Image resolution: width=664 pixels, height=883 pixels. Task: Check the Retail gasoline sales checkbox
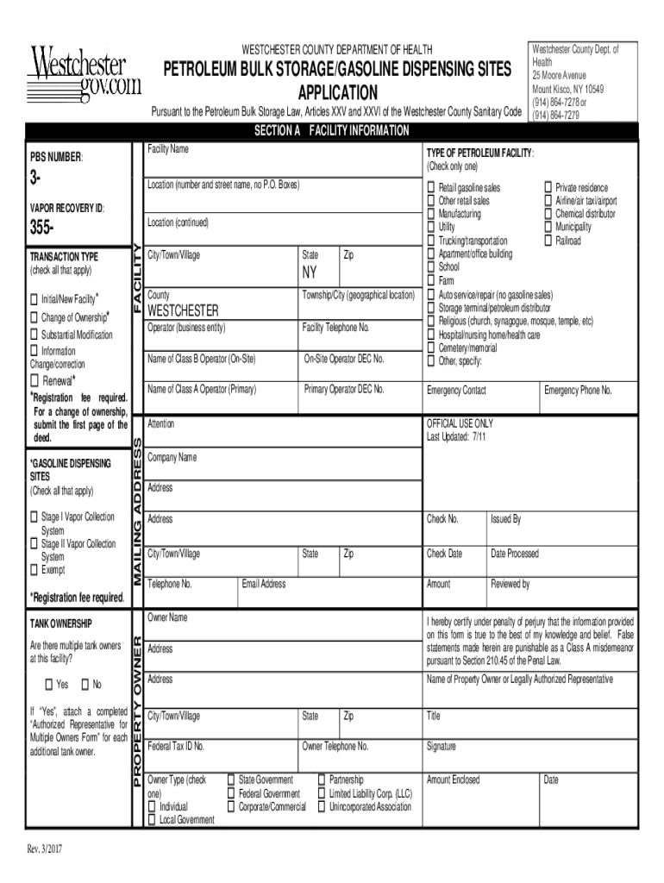point(431,188)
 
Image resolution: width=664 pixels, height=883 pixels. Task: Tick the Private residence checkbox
point(547,188)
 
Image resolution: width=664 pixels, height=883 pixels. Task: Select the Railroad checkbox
point(547,241)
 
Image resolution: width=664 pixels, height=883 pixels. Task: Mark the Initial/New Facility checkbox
point(34,299)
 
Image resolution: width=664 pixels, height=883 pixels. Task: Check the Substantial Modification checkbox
point(34,335)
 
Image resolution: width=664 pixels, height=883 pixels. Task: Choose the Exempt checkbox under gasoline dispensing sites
point(34,570)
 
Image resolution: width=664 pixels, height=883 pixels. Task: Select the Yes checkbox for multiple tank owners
point(48,685)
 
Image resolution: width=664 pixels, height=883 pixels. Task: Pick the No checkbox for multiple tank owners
point(85,685)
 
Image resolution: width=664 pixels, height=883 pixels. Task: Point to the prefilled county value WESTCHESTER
point(183,310)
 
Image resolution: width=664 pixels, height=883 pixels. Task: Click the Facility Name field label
point(167,150)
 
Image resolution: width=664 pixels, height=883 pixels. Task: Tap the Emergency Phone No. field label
point(577,391)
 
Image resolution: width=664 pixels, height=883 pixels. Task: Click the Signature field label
point(442,747)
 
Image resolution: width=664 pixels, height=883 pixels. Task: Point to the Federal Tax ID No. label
point(176,746)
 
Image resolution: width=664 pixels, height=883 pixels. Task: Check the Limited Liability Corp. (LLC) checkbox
point(323,793)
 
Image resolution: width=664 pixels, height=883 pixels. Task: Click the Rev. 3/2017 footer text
point(44,849)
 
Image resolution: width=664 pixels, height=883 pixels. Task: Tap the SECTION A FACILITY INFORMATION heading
point(331,131)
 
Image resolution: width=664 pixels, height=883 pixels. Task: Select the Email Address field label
point(264,584)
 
